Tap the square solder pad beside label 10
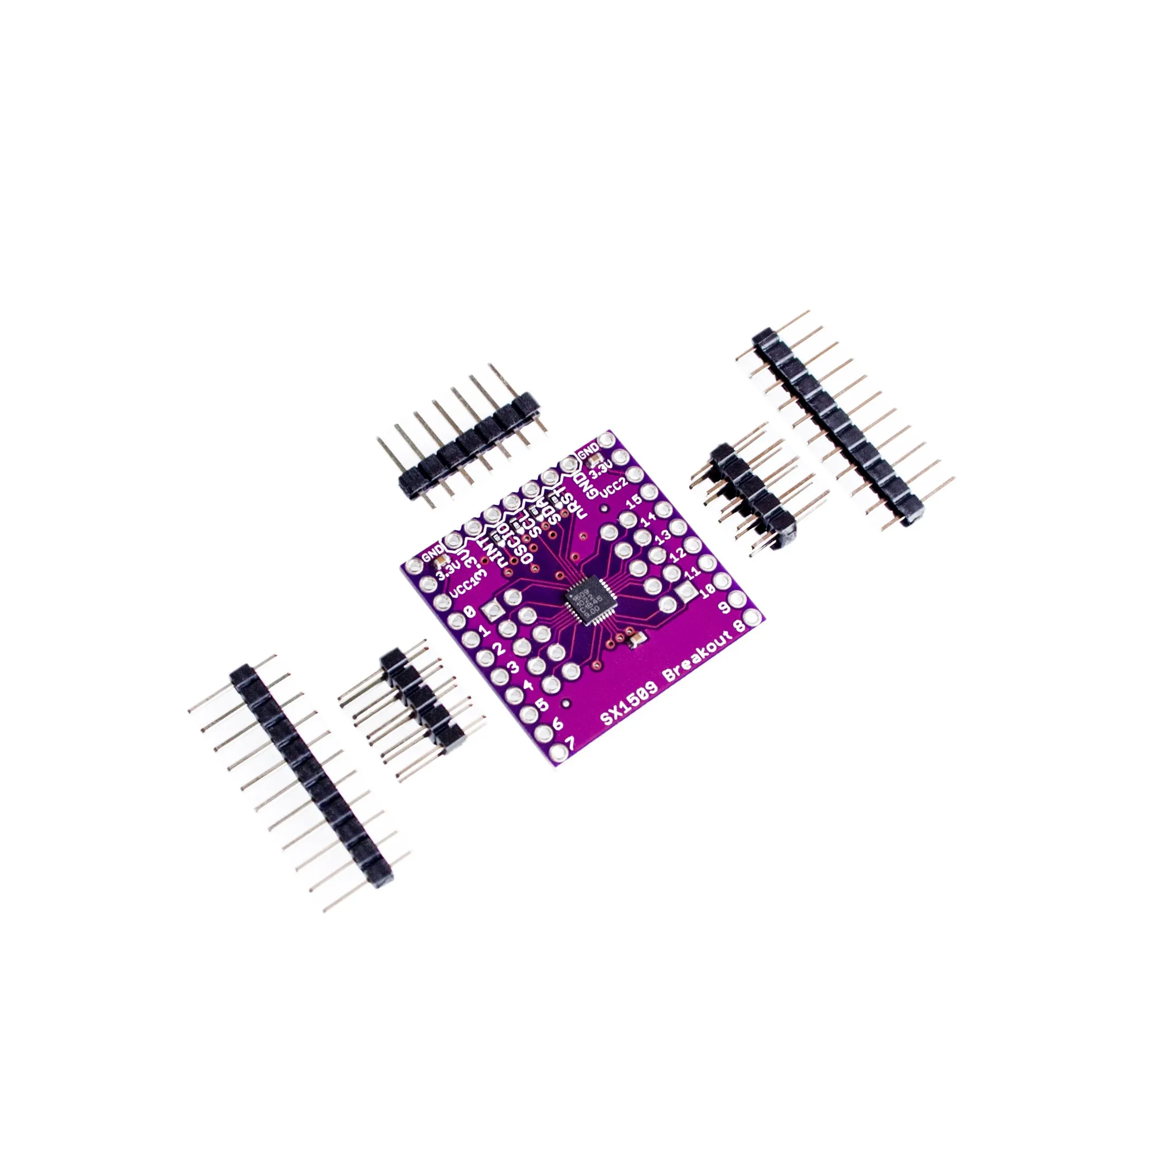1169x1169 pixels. click(687, 593)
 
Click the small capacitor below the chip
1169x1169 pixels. click(637, 638)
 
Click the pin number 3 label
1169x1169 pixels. click(511, 667)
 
